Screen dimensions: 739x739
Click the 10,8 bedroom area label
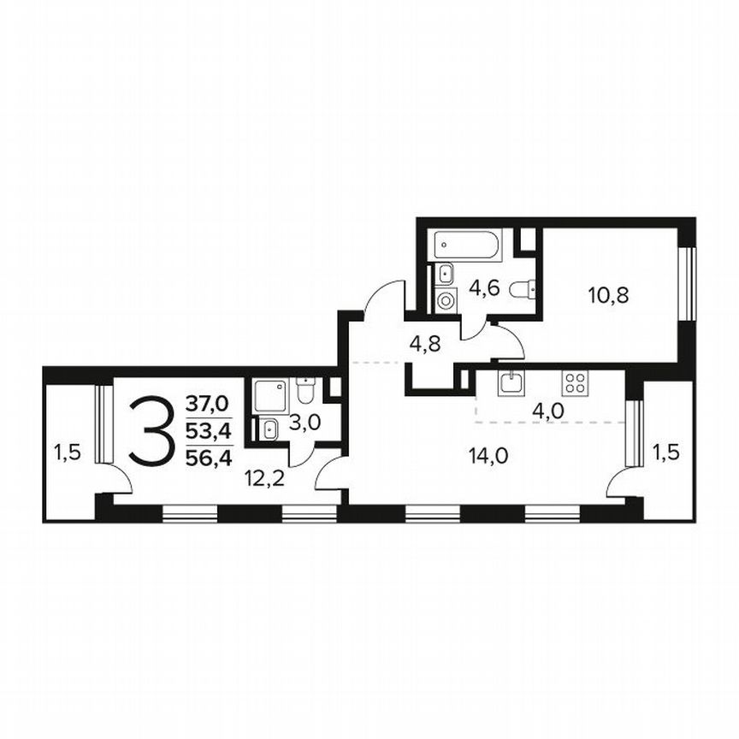point(608,296)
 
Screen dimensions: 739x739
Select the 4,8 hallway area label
point(426,346)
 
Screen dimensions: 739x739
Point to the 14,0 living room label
point(489,455)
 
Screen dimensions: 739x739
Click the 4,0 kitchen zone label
point(547,410)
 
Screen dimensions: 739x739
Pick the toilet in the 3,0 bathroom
point(305,392)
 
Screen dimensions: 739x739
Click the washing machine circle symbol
point(446,300)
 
